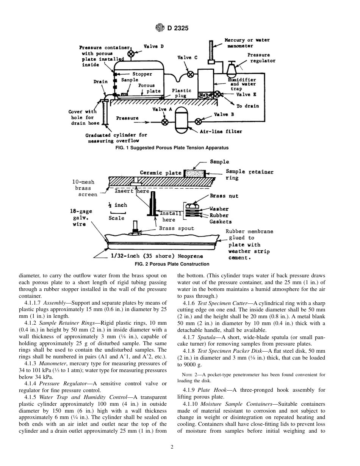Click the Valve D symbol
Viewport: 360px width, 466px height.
pos(131,54)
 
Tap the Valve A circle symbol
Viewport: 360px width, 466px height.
pos(165,122)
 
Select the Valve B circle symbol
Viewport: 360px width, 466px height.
pos(198,122)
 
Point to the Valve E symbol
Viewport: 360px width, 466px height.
pos(217,94)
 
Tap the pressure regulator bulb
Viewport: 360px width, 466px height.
pos(231,69)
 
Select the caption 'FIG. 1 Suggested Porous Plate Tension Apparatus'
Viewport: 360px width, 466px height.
pos(172,148)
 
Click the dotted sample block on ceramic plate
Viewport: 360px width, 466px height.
pos(195,174)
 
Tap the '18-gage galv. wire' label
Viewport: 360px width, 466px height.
pos(81,218)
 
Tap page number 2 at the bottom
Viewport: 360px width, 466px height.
pos(172,447)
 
